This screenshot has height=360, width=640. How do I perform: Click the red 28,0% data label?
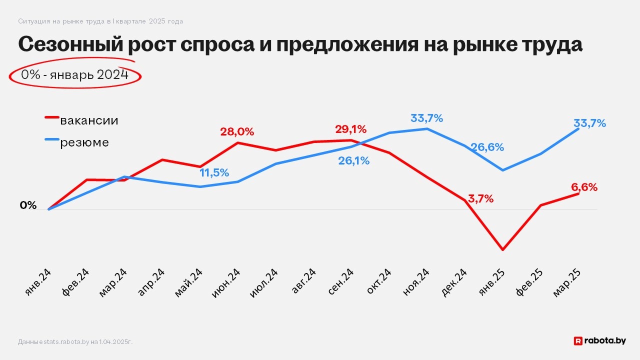click(x=237, y=132)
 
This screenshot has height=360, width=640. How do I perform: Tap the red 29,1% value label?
click(x=350, y=129)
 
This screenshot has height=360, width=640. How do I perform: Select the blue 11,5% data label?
click(x=214, y=173)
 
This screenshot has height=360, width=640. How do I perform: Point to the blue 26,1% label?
click(x=353, y=160)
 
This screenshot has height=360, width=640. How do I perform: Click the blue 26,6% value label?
click(x=486, y=147)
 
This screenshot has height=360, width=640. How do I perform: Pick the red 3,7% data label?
click(x=481, y=198)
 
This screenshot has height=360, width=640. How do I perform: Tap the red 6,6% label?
click(x=584, y=187)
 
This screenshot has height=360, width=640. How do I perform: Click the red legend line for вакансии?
click(x=52, y=117)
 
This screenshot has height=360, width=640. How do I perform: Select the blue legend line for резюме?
click(x=52, y=139)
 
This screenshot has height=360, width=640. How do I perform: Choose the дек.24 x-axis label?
click(x=454, y=282)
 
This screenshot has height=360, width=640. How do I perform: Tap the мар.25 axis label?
click(x=567, y=282)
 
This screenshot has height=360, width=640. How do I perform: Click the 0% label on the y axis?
click(x=28, y=205)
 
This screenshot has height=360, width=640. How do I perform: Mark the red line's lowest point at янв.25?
click(x=502, y=249)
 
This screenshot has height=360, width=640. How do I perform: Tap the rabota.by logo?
click(x=599, y=340)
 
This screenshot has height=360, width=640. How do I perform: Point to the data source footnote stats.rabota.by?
click(x=75, y=341)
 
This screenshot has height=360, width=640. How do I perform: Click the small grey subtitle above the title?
click(x=100, y=21)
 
